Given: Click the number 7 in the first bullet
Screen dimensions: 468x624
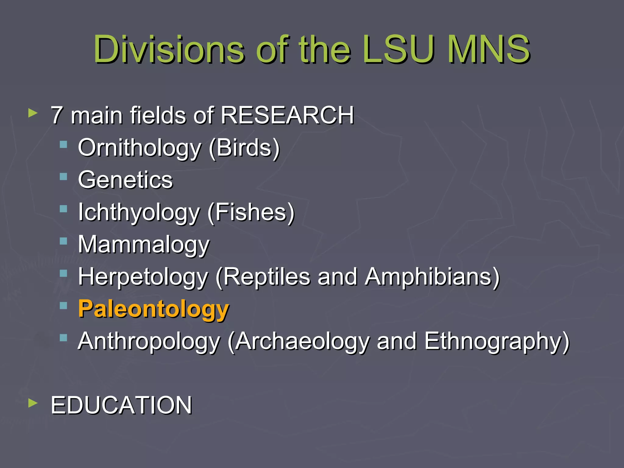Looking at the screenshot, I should [x=57, y=115].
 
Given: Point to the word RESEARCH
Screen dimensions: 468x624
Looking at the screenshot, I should [x=287, y=115].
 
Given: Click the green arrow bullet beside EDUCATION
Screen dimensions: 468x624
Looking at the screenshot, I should [x=33, y=403].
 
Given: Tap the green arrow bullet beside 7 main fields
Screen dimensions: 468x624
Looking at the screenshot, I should [x=33, y=113].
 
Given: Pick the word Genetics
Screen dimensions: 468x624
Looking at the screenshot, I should [x=125, y=180].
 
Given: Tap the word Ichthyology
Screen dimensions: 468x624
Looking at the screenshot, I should [x=139, y=212].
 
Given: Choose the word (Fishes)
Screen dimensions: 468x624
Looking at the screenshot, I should [x=251, y=212].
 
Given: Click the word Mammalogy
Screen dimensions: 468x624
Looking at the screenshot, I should [x=144, y=245].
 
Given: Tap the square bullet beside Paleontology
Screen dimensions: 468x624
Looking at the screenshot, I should [x=63, y=306].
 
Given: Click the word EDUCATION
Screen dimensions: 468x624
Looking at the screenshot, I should [x=121, y=406].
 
